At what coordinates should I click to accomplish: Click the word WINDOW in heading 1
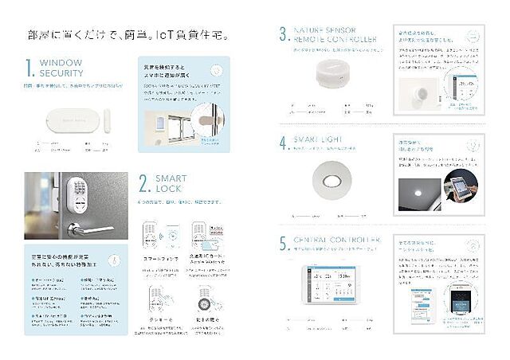(61, 62)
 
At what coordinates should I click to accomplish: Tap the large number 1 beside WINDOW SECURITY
(29, 68)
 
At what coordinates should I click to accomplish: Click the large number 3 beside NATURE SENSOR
(284, 33)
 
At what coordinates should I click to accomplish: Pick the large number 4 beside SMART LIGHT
(284, 144)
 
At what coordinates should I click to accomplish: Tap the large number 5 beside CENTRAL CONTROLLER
(284, 243)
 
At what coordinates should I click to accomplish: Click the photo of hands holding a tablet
(464, 188)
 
